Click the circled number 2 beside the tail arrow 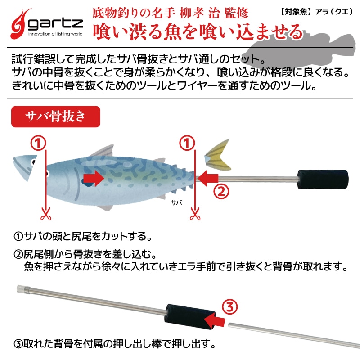pos(221,191)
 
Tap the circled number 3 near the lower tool pos(229,308)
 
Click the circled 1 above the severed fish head pos(38,143)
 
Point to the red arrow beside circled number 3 pos(215,319)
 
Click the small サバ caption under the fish pos(176,203)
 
